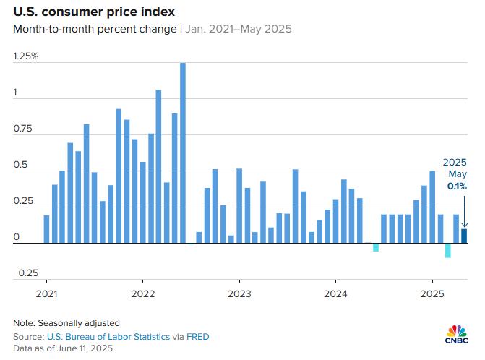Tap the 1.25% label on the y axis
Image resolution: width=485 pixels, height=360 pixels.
coord(27,56)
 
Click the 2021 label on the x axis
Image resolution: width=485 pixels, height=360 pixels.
coord(47,294)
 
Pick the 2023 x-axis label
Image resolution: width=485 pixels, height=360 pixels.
coord(239,294)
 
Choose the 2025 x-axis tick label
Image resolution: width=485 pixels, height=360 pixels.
coord(432,294)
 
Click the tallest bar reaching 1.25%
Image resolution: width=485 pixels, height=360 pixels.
coord(183,153)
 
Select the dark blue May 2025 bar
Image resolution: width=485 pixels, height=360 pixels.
coord(464,236)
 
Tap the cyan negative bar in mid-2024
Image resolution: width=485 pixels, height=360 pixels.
coord(376,247)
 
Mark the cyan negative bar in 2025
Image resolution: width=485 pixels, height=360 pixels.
coord(448,250)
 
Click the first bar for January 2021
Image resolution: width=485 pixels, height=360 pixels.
coord(47,229)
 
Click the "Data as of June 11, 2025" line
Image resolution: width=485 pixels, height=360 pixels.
coord(61,349)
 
